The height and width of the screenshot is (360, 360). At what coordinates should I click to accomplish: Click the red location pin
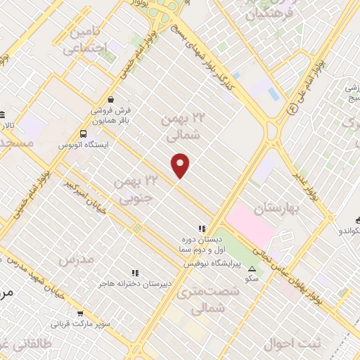click(x=181, y=165)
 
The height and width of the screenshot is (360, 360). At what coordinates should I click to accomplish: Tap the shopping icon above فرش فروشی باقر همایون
click(x=111, y=99)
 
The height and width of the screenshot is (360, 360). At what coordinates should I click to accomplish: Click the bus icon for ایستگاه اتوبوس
click(x=84, y=134)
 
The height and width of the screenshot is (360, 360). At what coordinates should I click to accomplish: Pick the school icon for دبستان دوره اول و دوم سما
click(x=202, y=228)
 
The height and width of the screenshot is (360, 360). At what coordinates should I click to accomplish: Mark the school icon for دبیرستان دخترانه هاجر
click(x=134, y=273)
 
